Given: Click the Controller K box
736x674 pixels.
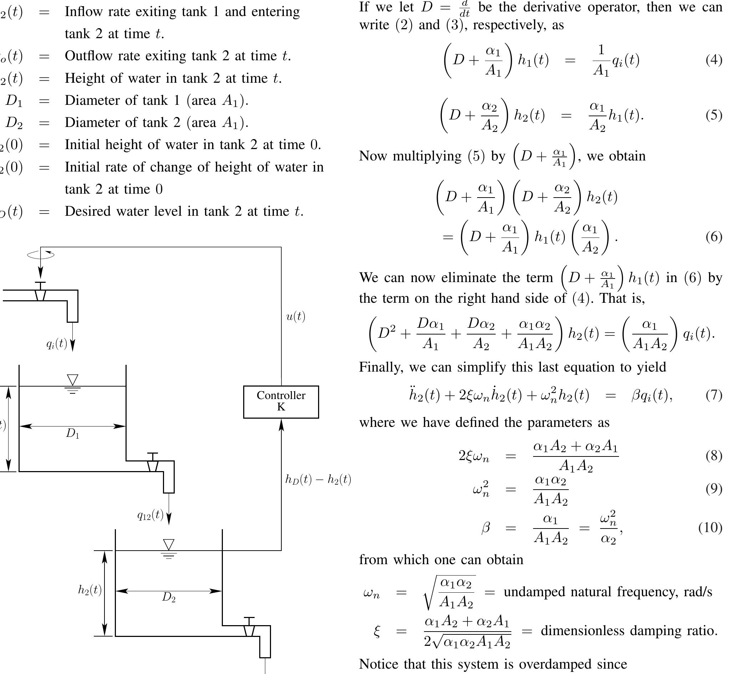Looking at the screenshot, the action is pos(281,402).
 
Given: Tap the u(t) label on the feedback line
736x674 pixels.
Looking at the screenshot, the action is pos(295,317).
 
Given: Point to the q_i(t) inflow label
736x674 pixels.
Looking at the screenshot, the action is pos(57,343).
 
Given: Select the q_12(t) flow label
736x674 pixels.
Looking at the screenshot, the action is pos(150,515).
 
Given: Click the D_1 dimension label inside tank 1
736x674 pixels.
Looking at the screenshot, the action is pos(72,434).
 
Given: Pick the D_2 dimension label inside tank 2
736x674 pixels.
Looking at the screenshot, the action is pos(169,597).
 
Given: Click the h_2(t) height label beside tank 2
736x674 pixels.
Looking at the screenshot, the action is pos(90,590).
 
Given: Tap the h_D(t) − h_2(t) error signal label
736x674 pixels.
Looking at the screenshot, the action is pos(318,479).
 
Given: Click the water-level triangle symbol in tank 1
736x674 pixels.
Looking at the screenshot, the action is pos(73,380).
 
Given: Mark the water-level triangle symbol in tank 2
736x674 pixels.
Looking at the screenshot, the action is pos(169,545).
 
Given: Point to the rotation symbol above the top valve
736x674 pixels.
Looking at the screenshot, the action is pos(41,255).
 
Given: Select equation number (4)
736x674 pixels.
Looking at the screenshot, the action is pos(714,60).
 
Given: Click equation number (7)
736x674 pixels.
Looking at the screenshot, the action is pos(714,395).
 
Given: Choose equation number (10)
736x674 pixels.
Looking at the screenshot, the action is pos(710,527).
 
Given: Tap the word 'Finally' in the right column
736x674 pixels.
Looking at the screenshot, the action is pos(381,367).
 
